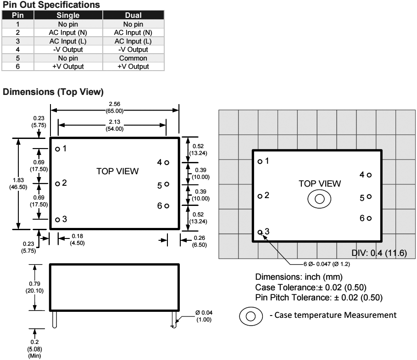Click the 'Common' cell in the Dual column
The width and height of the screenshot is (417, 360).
(x=133, y=58)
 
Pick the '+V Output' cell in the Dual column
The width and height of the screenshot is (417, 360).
(x=133, y=67)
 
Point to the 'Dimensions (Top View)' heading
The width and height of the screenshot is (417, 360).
(x=53, y=92)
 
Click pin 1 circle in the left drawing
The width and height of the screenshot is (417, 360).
(x=57, y=149)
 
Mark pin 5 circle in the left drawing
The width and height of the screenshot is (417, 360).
(x=167, y=184)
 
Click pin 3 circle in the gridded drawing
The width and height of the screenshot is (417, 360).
(x=260, y=232)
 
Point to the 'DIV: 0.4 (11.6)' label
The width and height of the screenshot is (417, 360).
(x=379, y=254)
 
